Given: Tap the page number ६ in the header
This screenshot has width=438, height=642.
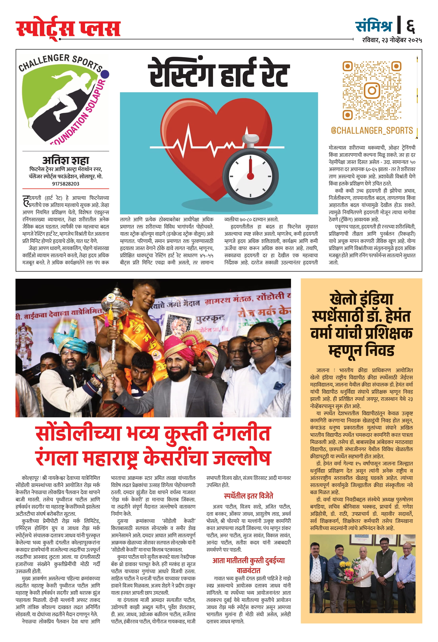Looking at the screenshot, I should [x=410, y=25].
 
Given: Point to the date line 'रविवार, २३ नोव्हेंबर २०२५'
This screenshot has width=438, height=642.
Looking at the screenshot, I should [x=392, y=40].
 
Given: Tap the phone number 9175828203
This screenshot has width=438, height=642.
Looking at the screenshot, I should [x=66, y=184].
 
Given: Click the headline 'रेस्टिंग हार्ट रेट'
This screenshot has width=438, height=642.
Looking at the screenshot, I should [x=219, y=73].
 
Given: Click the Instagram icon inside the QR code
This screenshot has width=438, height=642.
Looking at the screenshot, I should [x=372, y=90].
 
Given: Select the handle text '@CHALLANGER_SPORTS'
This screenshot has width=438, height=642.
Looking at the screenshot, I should [x=372, y=130].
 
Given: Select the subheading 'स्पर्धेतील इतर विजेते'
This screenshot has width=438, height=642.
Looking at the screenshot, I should [x=248, y=496].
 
